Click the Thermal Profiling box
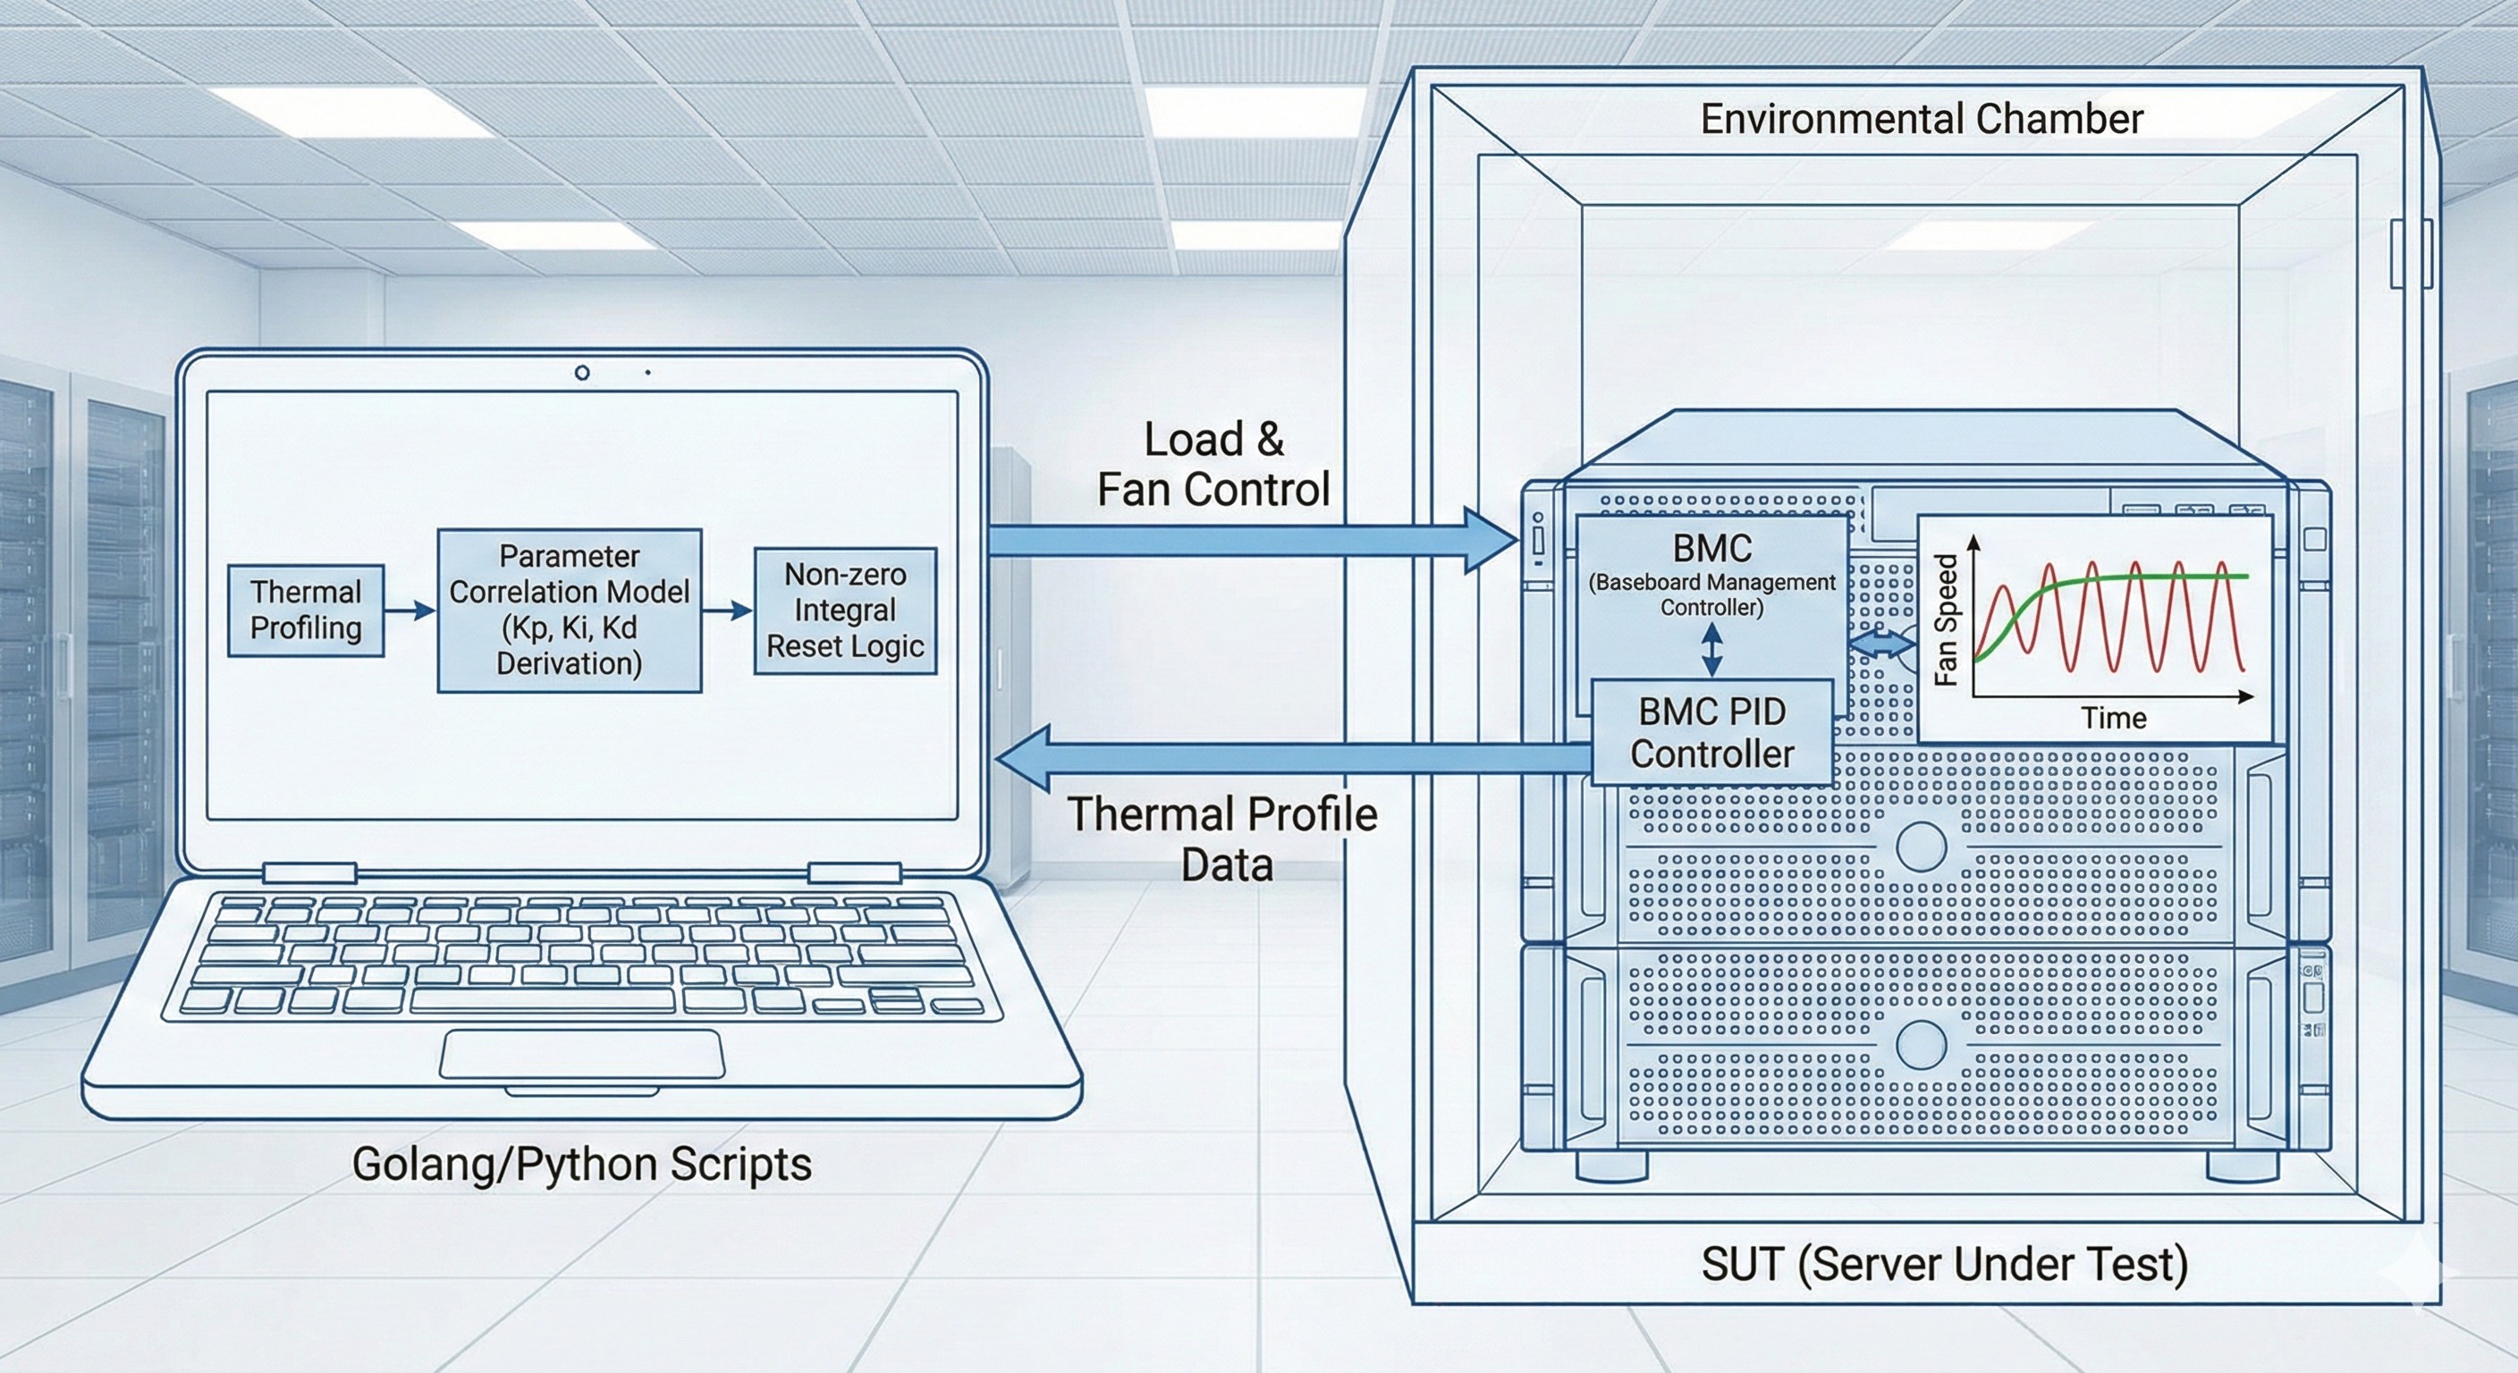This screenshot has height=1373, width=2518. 305,610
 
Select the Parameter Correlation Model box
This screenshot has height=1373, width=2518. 569,611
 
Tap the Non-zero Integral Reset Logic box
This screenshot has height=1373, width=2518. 844,611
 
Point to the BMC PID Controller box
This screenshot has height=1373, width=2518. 1711,733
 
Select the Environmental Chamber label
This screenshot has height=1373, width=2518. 1921,119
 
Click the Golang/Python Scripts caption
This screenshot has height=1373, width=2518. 581,1164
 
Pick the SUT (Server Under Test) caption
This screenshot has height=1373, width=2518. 1944,1264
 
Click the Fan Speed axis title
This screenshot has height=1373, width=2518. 1946,619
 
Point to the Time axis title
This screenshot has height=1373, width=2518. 2113,719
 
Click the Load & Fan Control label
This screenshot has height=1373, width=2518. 1213,465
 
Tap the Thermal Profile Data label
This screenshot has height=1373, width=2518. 1221,839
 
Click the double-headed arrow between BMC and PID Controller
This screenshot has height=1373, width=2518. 1711,650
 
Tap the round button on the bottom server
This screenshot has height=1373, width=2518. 1920,1045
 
